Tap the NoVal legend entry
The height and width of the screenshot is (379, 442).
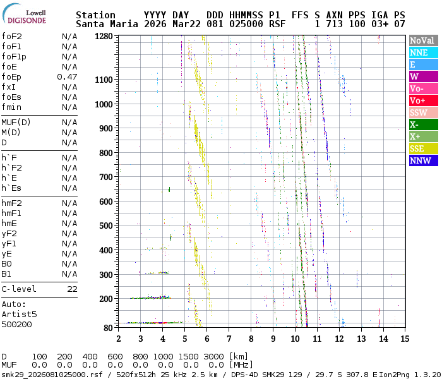click(422, 40)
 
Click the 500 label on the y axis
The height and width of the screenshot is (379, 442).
click(105, 226)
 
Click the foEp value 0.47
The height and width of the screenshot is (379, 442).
click(67, 76)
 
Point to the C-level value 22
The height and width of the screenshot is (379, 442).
click(72, 289)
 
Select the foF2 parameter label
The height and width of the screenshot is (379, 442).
click(11, 36)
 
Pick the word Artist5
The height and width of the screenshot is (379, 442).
click(19, 314)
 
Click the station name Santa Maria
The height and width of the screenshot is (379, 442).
click(104, 24)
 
